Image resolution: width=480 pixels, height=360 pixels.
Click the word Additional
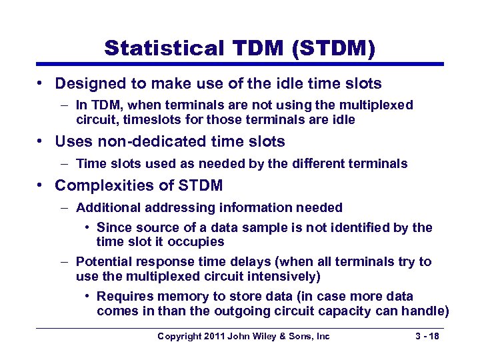pyautogui.click(x=105, y=208)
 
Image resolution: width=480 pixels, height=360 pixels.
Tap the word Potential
pyautogui.click(x=103, y=262)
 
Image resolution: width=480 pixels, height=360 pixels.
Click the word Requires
pyautogui.click(x=123, y=297)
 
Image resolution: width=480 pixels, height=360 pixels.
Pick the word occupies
pyautogui.click(x=199, y=242)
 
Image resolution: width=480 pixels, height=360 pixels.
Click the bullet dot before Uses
pyautogui.click(x=41, y=142)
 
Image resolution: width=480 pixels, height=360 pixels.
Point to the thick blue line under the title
pyautogui.click(x=240, y=64)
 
